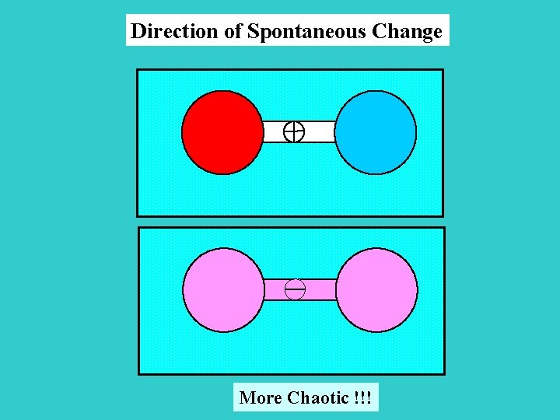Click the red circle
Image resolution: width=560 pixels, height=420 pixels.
[222, 132]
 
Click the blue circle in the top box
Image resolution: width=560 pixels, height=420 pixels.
[376, 132]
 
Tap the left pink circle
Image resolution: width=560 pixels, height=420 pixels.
[223, 290]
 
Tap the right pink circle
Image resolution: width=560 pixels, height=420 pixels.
[376, 290]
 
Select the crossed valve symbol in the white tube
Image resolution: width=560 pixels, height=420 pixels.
[294, 132]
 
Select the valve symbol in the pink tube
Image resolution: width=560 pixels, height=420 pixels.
[295, 290]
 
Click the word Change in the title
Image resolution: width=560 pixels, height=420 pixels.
[408, 32]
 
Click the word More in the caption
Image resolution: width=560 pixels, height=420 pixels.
[261, 398]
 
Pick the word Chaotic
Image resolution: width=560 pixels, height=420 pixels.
[317, 398]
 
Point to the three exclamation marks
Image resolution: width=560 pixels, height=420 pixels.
[362, 398]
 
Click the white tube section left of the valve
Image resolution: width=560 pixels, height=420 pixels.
[274, 132]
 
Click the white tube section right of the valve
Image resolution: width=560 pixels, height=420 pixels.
[319, 132]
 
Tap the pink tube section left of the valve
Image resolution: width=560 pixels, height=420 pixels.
[275, 290]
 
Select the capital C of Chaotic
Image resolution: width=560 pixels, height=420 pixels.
[293, 398]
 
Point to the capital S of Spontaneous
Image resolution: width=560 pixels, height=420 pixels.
[253, 32]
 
